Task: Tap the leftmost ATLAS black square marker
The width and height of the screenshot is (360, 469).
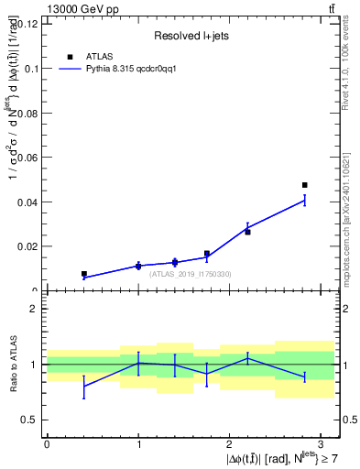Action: coord(83,274)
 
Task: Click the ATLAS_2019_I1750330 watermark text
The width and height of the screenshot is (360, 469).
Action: coord(191,274)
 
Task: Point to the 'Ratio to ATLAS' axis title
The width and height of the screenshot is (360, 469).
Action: coord(12,365)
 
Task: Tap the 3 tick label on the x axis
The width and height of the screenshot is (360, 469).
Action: coord(321,443)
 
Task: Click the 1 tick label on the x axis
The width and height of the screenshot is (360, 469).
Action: coord(138,443)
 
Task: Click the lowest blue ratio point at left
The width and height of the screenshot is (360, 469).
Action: coord(83,386)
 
